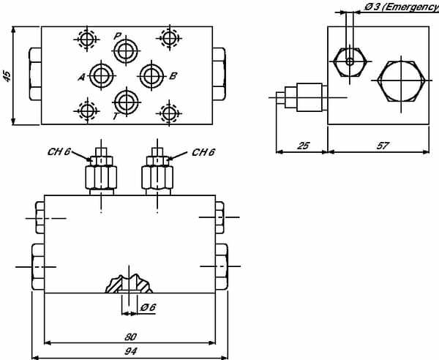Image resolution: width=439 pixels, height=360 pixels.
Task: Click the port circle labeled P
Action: pyautogui.click(x=126, y=50)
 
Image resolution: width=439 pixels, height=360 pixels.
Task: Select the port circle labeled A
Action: pyautogui.click(x=100, y=75)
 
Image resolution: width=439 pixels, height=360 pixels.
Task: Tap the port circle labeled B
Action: pyautogui.click(x=151, y=75)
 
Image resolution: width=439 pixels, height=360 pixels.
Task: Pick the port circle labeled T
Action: pyautogui.click(x=126, y=100)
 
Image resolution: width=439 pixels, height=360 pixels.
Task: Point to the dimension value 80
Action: pyautogui.click(x=130, y=337)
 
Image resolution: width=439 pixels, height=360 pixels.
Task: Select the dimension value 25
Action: pyautogui.click(x=301, y=146)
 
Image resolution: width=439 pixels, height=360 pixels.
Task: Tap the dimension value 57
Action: pyautogui.click(x=381, y=146)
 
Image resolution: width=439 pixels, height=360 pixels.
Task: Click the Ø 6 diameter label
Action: pyautogui.click(x=148, y=308)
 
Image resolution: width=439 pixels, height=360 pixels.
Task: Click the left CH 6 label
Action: pyautogui.click(x=58, y=153)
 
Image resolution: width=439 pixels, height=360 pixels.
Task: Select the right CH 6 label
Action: pyautogui.click(x=203, y=153)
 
